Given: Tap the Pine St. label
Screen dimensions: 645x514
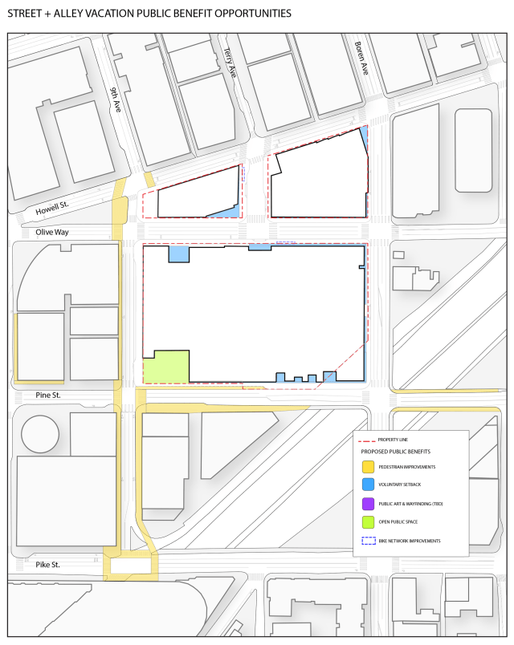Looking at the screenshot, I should [x=48, y=396].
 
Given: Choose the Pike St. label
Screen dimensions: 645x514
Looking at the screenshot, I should [x=47, y=565].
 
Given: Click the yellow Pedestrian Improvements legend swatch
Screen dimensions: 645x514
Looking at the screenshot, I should [x=368, y=466].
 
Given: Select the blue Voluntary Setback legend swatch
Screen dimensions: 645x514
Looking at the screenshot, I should [x=368, y=485].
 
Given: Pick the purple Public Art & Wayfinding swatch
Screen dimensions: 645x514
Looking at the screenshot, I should [x=368, y=504].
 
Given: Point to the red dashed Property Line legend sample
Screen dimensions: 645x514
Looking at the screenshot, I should [x=368, y=440].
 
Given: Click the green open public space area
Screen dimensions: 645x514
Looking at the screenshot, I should [x=166, y=367].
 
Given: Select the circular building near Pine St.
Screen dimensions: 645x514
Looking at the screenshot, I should [x=40, y=434].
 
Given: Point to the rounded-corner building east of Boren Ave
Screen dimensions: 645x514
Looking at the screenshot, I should [x=473, y=150].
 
